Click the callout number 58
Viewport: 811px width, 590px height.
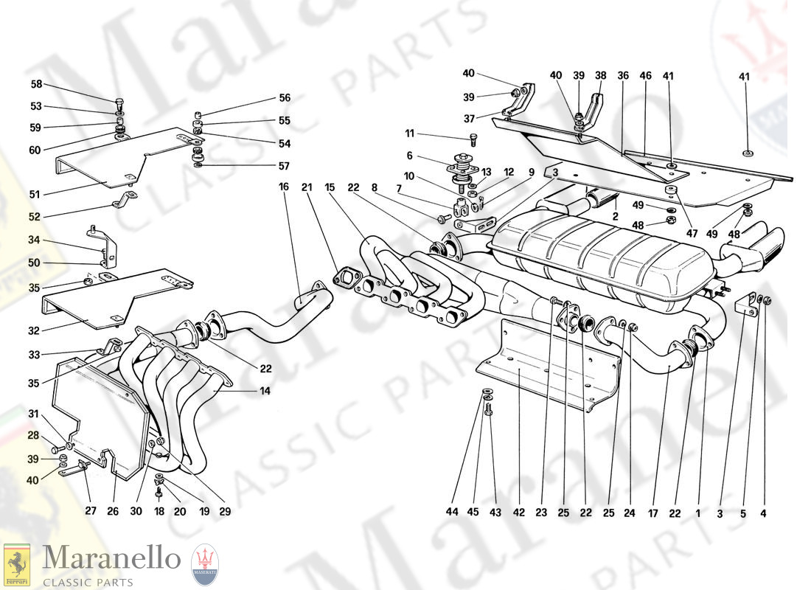pos(36,84)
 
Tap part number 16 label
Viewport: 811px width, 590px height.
pos(283,187)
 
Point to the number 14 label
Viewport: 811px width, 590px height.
pos(265,391)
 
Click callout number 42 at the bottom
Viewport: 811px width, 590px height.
pos(519,513)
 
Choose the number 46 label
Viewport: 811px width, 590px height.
pos(645,75)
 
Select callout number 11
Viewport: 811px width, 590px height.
pos(410,133)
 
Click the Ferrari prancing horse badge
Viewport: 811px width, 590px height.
pos(16,566)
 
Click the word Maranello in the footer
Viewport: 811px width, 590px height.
pos(111,558)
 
